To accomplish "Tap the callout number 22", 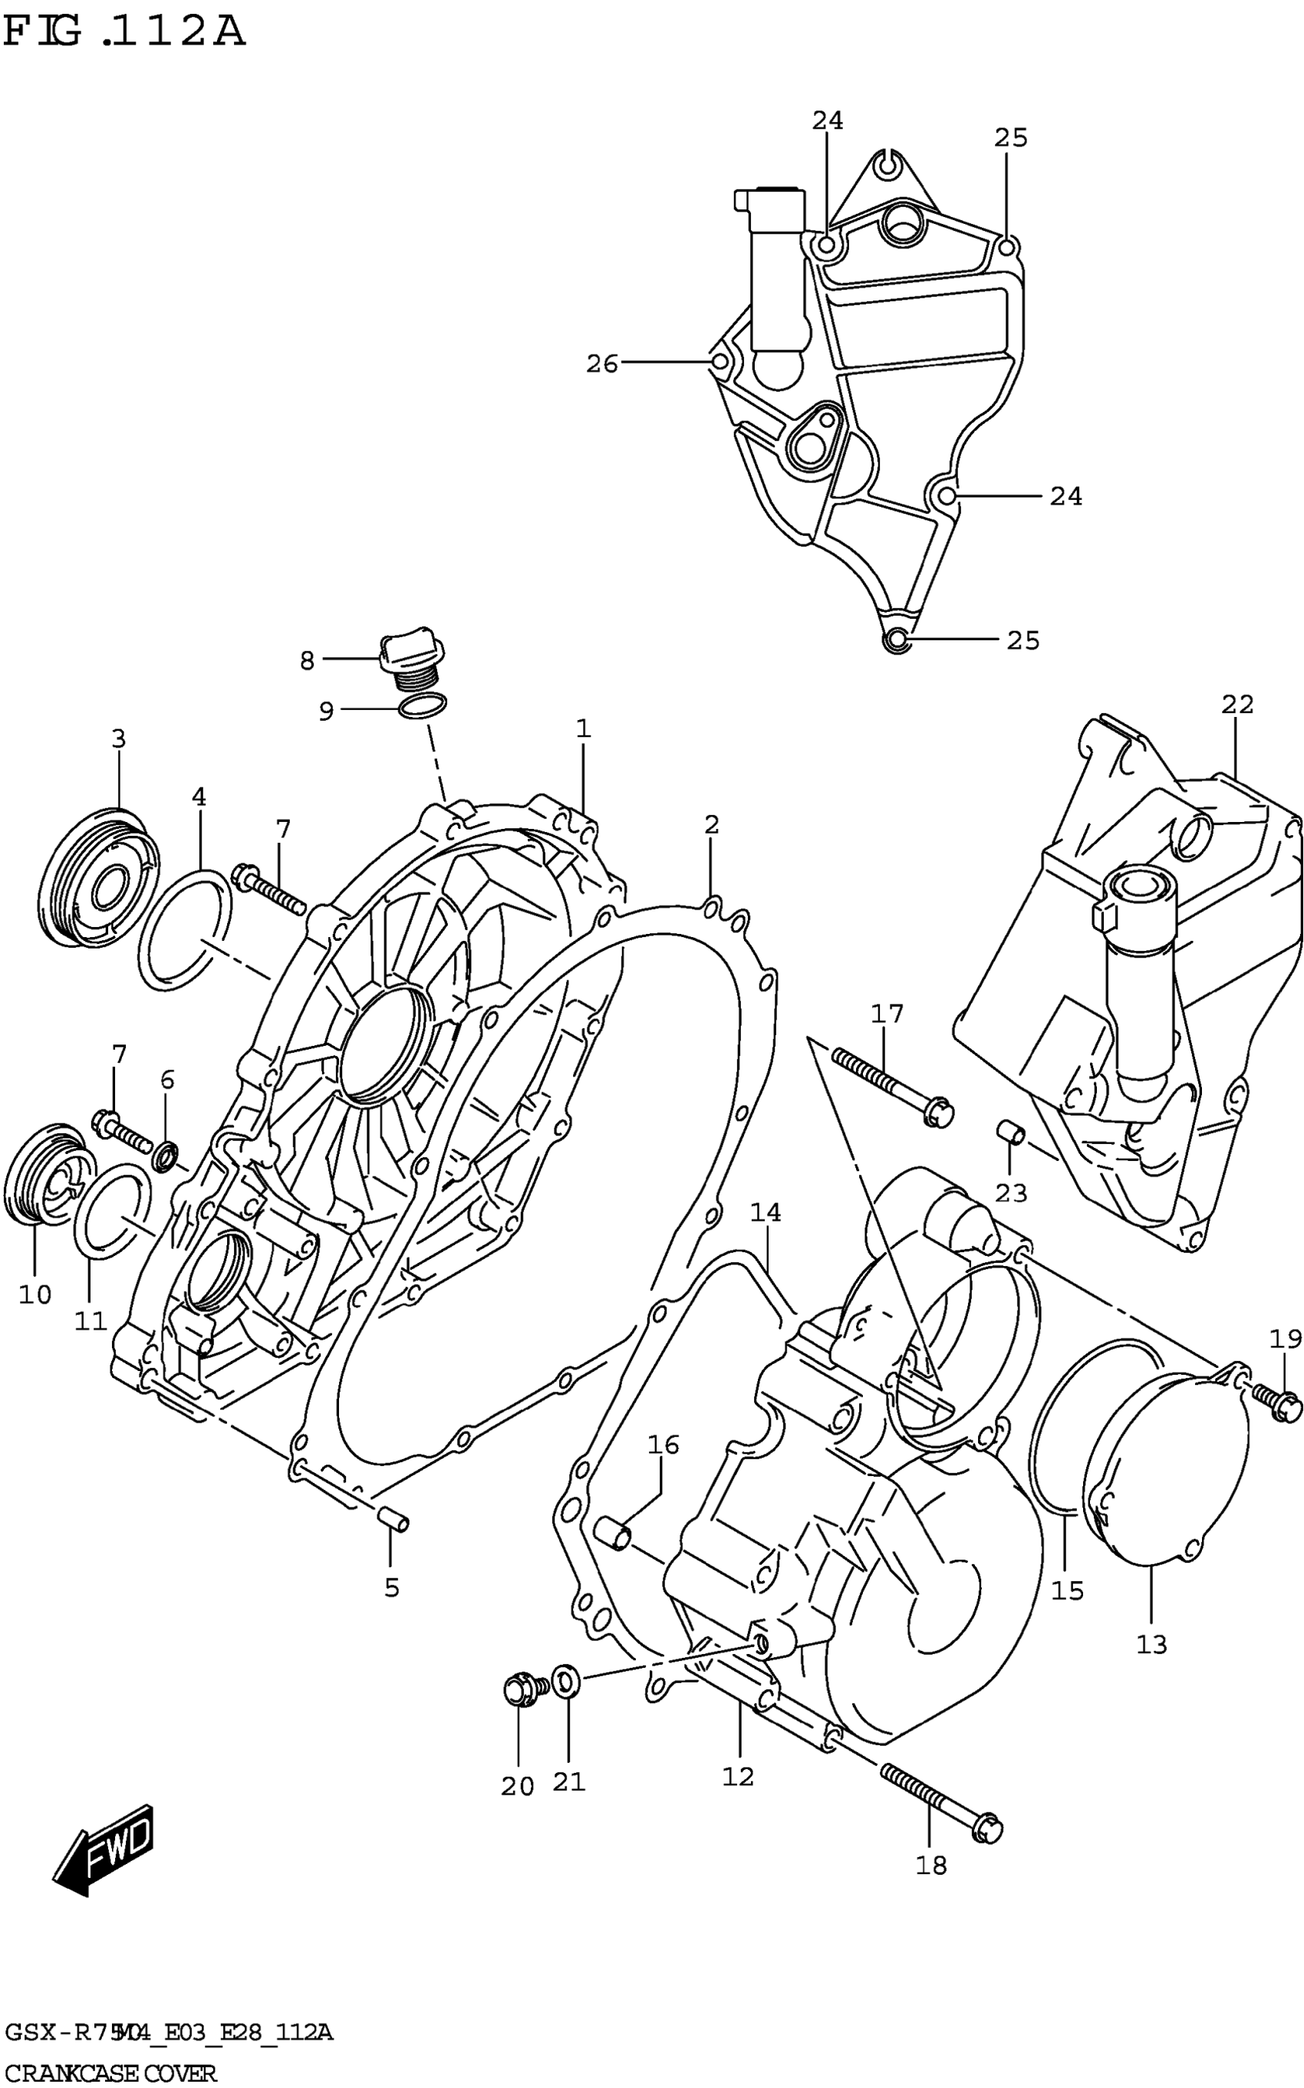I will click(1236, 705).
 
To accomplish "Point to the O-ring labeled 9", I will click(423, 707).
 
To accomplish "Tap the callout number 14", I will click(765, 1212).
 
